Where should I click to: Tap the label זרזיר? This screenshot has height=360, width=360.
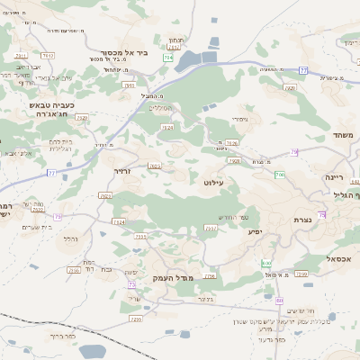tap(122, 170)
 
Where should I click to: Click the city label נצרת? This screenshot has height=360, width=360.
tap(302, 220)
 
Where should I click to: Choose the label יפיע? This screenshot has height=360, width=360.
tap(256, 231)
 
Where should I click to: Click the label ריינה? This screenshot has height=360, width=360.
tap(335, 177)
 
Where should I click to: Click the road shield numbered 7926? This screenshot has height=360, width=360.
tap(232, 143)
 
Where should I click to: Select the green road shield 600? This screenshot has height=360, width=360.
tap(266, 263)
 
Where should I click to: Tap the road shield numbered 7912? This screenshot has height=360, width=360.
tap(48, 56)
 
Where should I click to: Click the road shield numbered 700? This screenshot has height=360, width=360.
tap(280, 174)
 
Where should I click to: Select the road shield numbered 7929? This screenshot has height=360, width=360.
tap(82, 117)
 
